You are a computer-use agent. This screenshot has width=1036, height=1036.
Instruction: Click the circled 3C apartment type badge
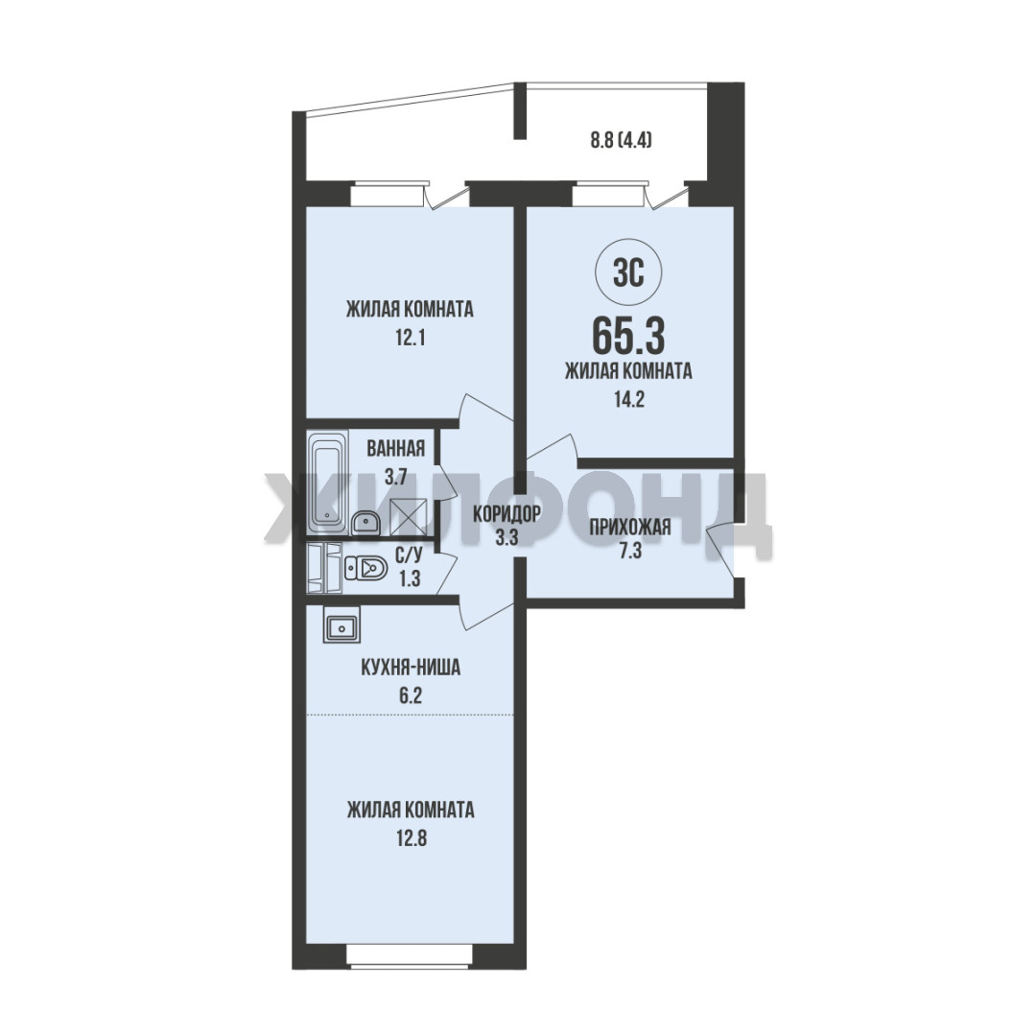[628, 272]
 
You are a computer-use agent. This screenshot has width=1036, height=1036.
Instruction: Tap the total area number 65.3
[628, 336]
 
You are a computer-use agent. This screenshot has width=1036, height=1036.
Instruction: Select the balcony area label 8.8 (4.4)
[621, 140]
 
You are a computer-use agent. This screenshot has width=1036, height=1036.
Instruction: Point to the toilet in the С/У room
[365, 567]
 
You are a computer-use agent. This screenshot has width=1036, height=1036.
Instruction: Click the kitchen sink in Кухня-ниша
[341, 625]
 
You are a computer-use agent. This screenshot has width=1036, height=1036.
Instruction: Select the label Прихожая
[629, 528]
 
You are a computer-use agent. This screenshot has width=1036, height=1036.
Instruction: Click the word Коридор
[506, 512]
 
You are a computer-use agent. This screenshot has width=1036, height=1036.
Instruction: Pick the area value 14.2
[629, 399]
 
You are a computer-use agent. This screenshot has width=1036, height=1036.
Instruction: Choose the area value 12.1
[410, 339]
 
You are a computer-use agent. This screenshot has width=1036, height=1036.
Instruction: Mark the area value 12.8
[411, 838]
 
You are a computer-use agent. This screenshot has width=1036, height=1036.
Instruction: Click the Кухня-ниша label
[411, 668]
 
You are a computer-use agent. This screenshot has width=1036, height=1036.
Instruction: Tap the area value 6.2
[411, 695]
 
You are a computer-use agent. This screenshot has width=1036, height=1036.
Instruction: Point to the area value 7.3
[629, 551]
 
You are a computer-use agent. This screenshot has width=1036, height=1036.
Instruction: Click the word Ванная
[396, 449]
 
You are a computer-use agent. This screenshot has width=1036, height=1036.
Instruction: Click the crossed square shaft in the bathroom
[410, 517]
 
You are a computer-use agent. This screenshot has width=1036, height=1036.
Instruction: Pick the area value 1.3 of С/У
[410, 578]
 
